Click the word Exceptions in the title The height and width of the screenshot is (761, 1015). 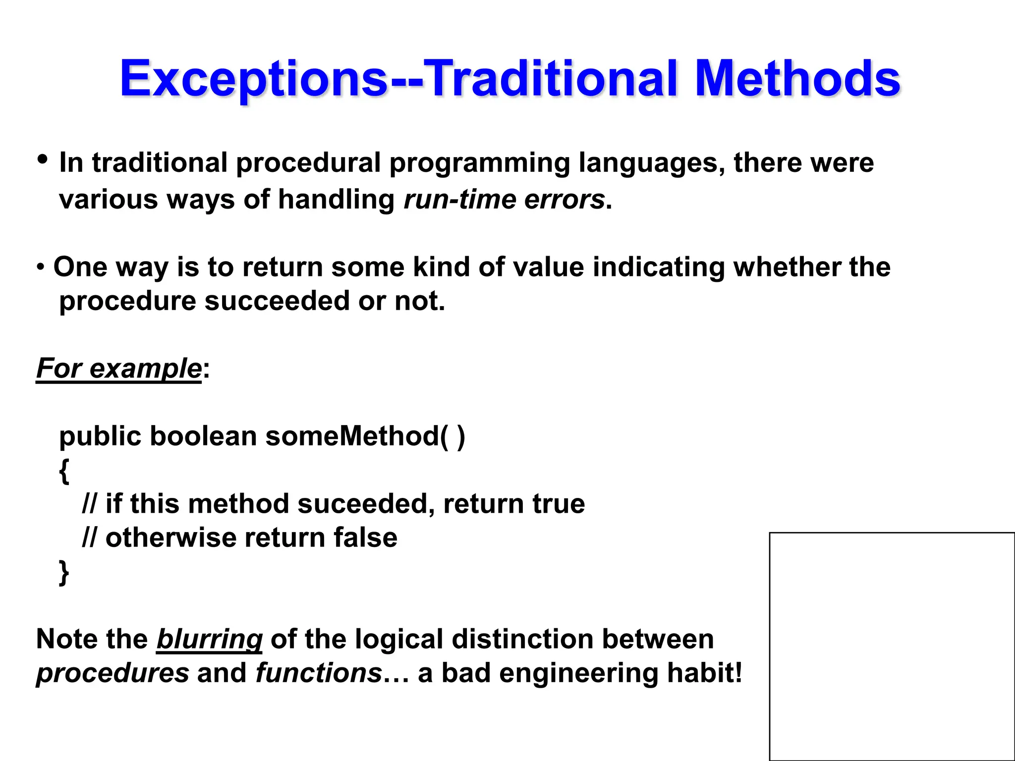(x=253, y=79)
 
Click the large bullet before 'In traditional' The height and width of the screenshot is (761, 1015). (x=43, y=160)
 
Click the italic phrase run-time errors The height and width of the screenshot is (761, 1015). (x=505, y=200)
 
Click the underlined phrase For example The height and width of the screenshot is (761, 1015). (x=119, y=369)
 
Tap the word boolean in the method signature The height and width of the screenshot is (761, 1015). (x=203, y=436)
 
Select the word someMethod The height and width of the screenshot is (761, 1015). (x=352, y=436)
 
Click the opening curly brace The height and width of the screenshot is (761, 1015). (x=64, y=471)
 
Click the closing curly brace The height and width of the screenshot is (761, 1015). (x=64, y=573)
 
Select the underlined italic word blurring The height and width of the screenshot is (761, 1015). (x=209, y=640)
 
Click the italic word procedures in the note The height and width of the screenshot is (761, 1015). (x=113, y=673)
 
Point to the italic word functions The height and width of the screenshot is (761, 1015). (x=319, y=673)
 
